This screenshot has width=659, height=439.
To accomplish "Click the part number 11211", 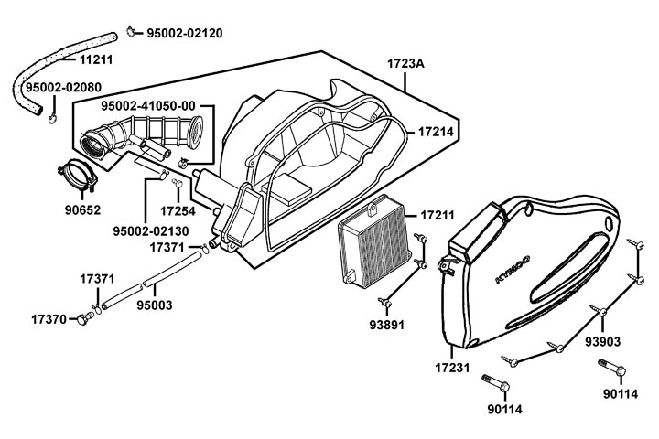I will (96, 60).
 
